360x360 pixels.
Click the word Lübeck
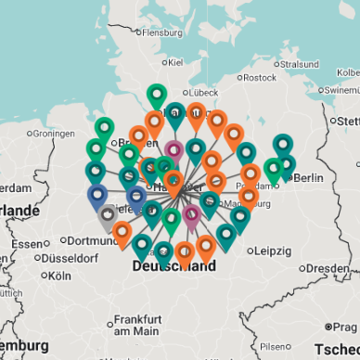click(x=203, y=92)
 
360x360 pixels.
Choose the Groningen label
click(x=53, y=133)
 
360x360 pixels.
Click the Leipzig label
click(x=274, y=251)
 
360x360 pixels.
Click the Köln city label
click(x=59, y=276)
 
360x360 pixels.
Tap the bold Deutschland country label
click(x=174, y=266)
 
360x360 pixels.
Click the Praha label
click(x=347, y=326)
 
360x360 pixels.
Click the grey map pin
click(x=109, y=216)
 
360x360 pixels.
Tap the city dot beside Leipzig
click(x=251, y=251)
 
